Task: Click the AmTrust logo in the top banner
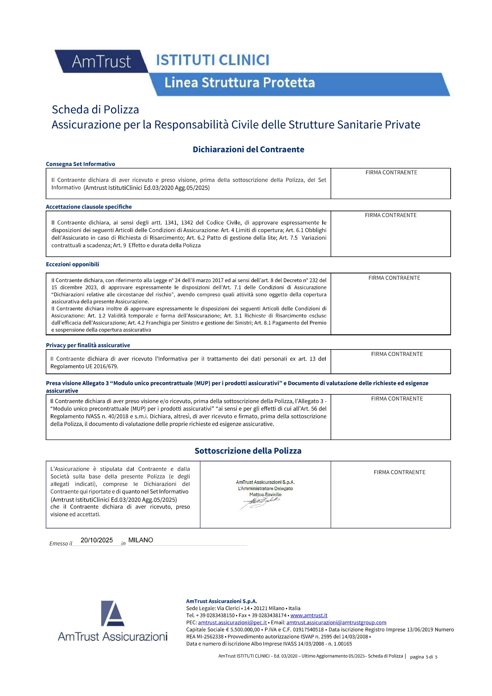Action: click(x=101, y=62)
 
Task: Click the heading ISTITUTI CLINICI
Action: click(x=212, y=60)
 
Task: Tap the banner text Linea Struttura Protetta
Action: click(x=240, y=83)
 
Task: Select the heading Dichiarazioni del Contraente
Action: click(x=248, y=149)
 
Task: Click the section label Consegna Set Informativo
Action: click(x=80, y=164)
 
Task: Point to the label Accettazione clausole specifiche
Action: click(x=89, y=207)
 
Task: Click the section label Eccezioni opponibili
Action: click(x=73, y=265)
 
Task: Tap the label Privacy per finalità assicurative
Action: click(x=88, y=345)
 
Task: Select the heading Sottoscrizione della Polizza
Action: click(x=248, y=451)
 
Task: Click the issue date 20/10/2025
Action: click(x=97, y=540)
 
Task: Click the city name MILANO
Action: click(x=141, y=540)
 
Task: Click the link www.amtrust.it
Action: click(x=309, y=616)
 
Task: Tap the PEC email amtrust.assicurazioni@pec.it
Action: click(x=232, y=623)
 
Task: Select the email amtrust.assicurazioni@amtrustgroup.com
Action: click(x=336, y=623)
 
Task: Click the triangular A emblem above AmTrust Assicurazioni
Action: click(x=112, y=613)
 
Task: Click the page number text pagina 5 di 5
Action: click(x=423, y=657)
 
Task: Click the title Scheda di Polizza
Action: click(x=95, y=109)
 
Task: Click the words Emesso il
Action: click(x=61, y=544)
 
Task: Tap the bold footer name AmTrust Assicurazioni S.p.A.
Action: click(x=222, y=601)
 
